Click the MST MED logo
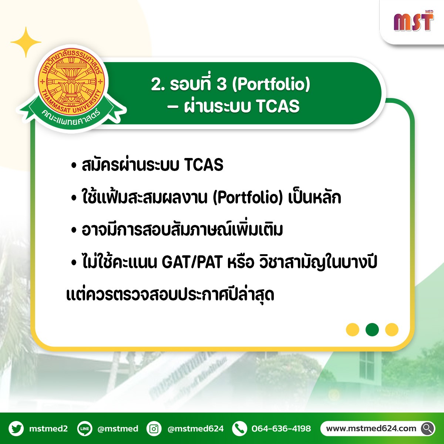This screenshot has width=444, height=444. pyautogui.click(x=414, y=21)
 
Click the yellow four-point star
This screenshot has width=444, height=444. pyautogui.click(x=26, y=42)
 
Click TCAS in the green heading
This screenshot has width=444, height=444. pyautogui.click(x=278, y=106)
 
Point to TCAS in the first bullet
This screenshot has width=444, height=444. pyautogui.click(x=203, y=165)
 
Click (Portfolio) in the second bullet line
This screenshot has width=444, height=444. pyautogui.click(x=248, y=198)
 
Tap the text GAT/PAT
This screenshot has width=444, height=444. pyautogui.click(x=192, y=262)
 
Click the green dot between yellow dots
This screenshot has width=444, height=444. pyautogui.click(x=372, y=330)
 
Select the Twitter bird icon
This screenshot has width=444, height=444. pyautogui.click(x=16, y=428)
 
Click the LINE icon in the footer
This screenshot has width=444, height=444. pyautogui.click(x=85, y=428)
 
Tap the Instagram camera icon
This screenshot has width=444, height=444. pyautogui.click(x=154, y=428)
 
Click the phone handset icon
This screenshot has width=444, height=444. pyautogui.click(x=239, y=428)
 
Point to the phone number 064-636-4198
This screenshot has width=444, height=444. pyautogui.click(x=281, y=428)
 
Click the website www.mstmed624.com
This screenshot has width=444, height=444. pyautogui.click(x=371, y=428)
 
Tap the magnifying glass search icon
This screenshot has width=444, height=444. pyautogui.click(x=427, y=428)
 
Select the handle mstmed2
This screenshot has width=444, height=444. pyautogui.click(x=48, y=428)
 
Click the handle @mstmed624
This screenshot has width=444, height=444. pyautogui.click(x=195, y=428)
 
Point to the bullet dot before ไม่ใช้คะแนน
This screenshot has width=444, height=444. pyautogui.click(x=74, y=262)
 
